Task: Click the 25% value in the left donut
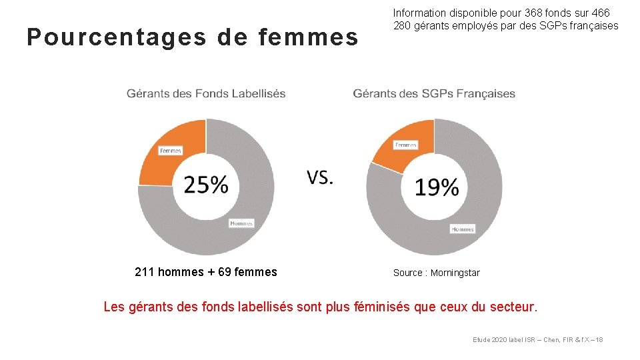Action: tap(205, 184)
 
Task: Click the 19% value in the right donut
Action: tap(437, 187)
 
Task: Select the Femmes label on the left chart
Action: tap(171, 151)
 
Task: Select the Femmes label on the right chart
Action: tap(405, 145)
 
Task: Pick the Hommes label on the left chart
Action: tap(241, 223)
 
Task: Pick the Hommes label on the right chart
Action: tap(462, 229)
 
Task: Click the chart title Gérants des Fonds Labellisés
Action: tap(206, 93)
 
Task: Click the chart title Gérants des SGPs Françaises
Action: tap(434, 93)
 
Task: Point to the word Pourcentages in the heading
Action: tap(117, 38)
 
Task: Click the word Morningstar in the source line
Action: tap(455, 273)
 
